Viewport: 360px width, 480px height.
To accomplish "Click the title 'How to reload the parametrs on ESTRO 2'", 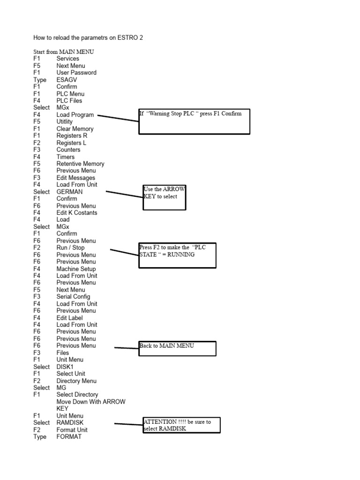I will [x=88, y=37].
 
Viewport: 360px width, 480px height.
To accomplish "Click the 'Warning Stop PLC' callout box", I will [x=194, y=121].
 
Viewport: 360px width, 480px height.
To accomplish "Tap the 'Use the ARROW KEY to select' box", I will [x=165, y=197].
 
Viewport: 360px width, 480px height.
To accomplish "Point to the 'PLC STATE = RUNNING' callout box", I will [x=177, y=255].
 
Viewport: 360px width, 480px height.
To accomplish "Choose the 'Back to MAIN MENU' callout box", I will [x=177, y=349].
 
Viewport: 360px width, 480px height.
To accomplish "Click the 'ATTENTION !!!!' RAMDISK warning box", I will [x=181, y=425].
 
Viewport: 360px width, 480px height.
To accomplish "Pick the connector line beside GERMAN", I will [x=125, y=194].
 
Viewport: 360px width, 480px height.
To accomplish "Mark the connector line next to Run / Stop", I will [x=124, y=253].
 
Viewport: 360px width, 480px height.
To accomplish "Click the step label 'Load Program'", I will [x=75, y=115].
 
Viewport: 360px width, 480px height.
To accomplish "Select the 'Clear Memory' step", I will [x=75, y=129].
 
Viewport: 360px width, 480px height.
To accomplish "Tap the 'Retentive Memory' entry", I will [x=80, y=164].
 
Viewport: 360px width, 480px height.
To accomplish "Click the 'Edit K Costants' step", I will [x=77, y=213].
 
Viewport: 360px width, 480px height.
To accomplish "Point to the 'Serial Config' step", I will [x=73, y=297].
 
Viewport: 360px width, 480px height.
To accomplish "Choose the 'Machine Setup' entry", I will [x=76, y=269].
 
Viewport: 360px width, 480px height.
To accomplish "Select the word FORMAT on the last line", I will [x=69, y=437].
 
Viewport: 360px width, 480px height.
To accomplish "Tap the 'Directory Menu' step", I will [x=76, y=381].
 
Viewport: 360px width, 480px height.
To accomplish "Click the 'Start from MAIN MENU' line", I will [x=63, y=52].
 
